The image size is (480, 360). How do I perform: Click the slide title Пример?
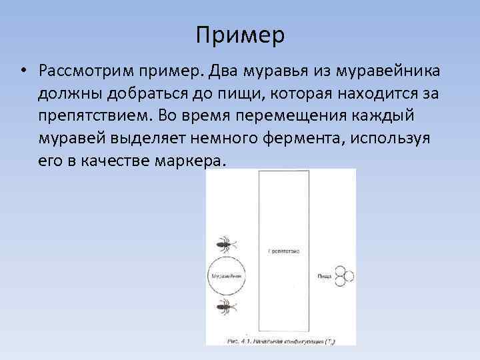point(240,35)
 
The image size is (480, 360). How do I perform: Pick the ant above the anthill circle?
point(227,243)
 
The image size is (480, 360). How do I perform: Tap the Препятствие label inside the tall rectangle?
point(283,251)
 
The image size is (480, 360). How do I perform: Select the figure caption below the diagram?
point(280,341)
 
